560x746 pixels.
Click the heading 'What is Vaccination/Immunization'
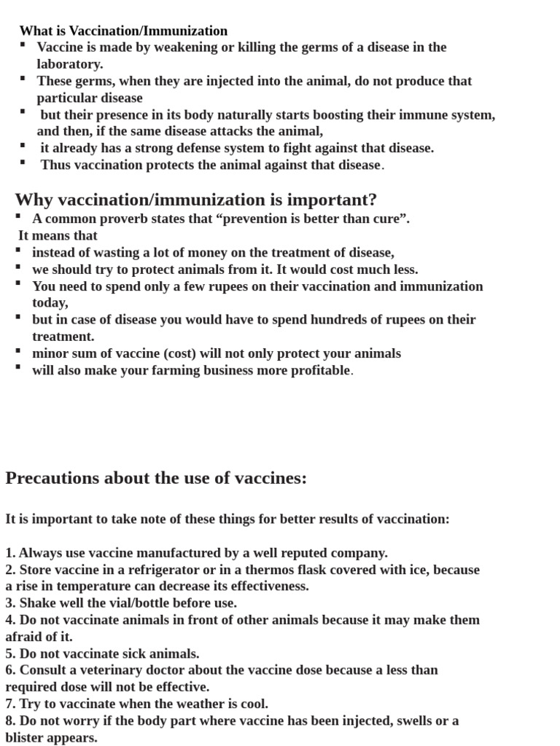(123, 31)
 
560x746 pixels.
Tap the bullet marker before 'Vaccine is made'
(23, 45)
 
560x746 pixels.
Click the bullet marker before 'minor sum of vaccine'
(17, 351)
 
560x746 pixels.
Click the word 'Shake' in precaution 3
(36, 603)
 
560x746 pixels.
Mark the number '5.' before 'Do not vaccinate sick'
(10, 653)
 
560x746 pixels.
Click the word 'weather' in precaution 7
(211, 704)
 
